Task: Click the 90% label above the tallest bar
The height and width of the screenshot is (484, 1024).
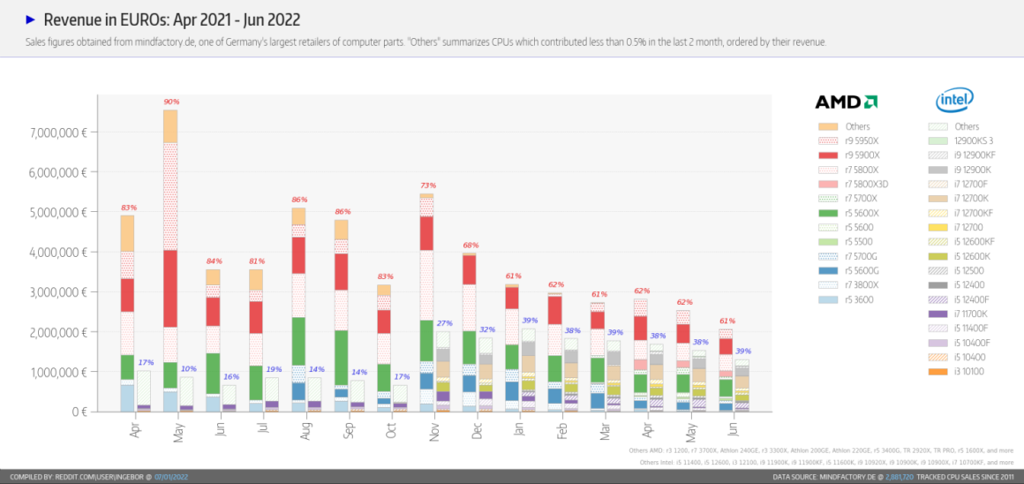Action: (170, 102)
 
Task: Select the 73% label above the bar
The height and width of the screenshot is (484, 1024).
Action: (427, 185)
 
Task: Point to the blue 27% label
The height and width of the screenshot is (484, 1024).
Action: (444, 323)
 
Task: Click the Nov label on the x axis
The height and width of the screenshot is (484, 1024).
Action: (434, 430)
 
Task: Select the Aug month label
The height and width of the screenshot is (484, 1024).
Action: (305, 430)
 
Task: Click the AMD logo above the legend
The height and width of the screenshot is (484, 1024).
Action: (845, 102)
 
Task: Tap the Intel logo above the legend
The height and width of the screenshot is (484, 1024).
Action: (954, 100)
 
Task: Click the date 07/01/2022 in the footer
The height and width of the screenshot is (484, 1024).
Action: (172, 477)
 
